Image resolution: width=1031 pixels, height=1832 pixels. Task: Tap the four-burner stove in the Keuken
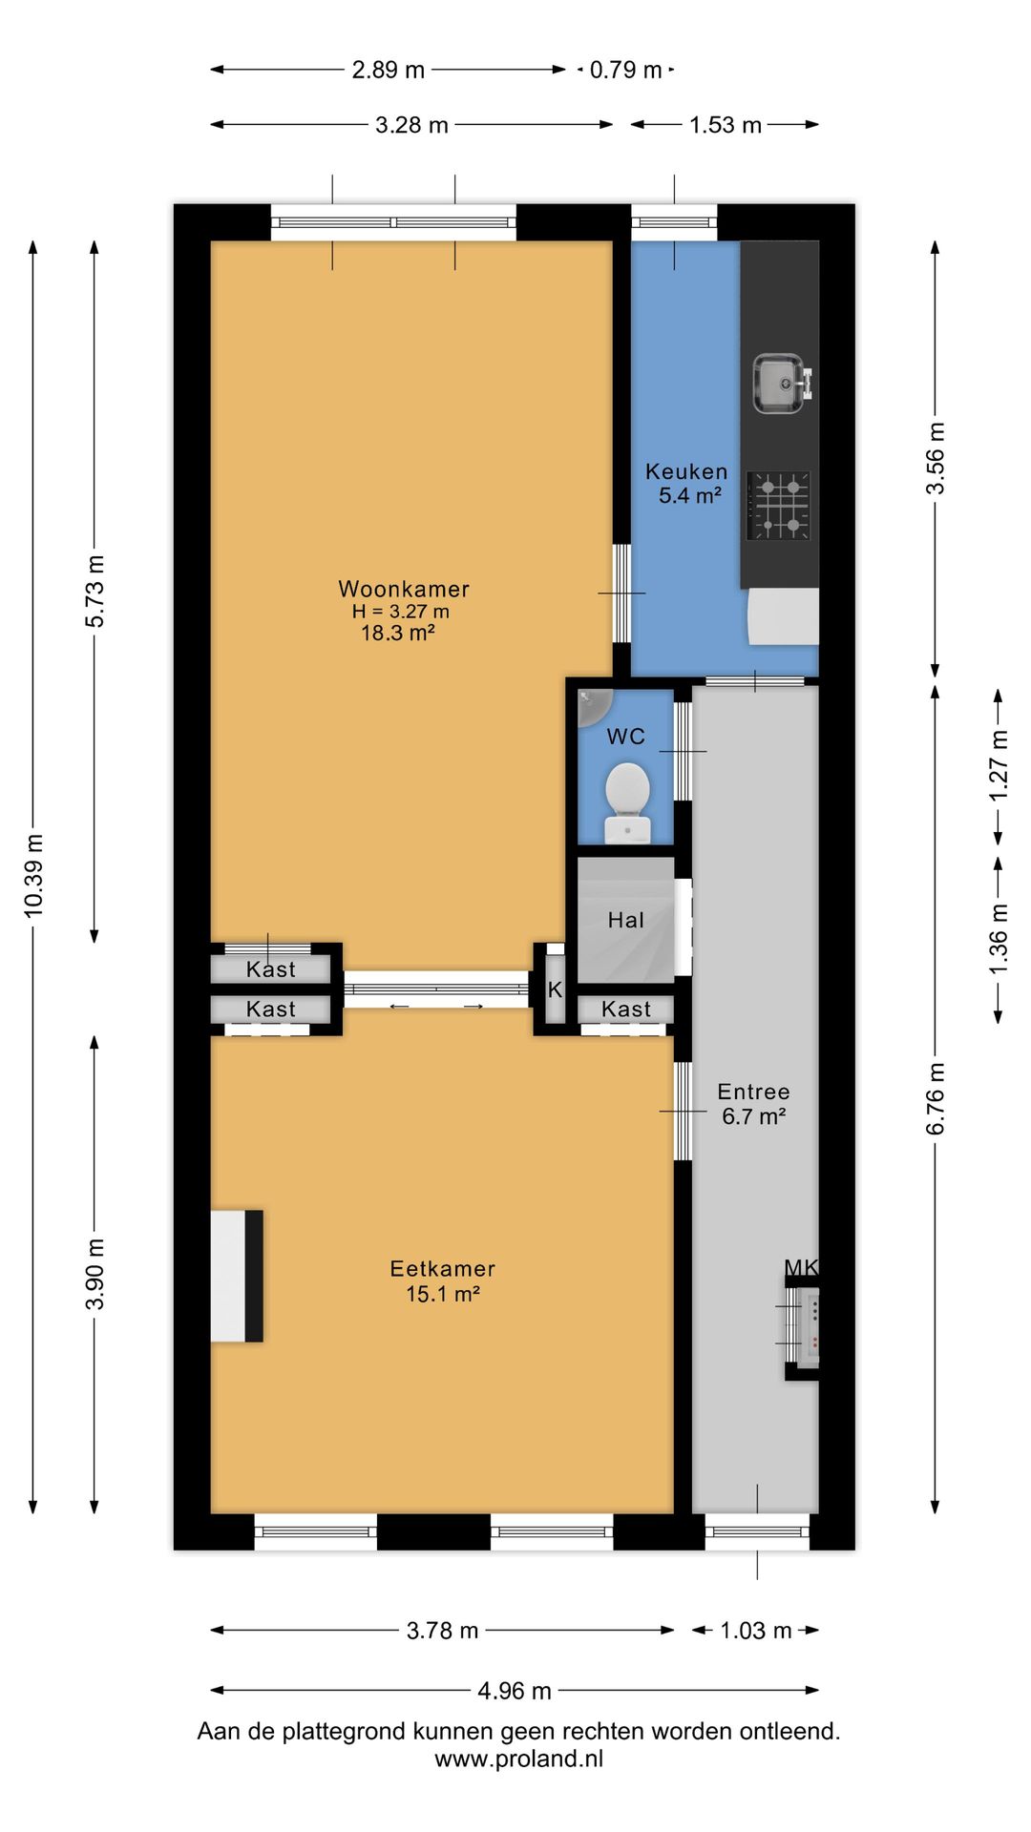(x=779, y=505)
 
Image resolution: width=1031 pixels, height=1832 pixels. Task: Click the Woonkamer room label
(x=404, y=589)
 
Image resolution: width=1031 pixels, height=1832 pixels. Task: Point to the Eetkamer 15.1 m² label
(x=443, y=1280)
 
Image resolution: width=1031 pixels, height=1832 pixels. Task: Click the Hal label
(x=626, y=920)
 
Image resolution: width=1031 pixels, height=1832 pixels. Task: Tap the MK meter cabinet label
(x=801, y=1267)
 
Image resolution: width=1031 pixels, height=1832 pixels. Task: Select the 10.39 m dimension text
(x=34, y=876)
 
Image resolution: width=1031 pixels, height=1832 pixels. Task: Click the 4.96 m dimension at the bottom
(x=515, y=1691)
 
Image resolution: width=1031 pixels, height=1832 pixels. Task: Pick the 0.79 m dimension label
(x=625, y=70)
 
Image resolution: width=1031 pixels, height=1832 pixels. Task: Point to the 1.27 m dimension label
(x=999, y=766)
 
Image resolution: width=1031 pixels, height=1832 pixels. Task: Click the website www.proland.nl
(x=519, y=1759)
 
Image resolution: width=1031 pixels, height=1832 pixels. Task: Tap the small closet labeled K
(x=555, y=990)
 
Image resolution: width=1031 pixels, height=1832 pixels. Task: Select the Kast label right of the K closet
(x=626, y=1009)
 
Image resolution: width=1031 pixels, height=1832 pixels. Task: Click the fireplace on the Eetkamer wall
(x=237, y=1276)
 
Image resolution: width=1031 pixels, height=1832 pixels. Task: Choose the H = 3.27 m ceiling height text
(x=401, y=612)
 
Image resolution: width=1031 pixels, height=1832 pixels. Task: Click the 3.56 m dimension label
(x=936, y=458)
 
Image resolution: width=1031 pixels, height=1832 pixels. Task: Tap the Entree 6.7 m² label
(x=753, y=1104)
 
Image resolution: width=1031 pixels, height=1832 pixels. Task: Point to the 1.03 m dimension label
(x=756, y=1631)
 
